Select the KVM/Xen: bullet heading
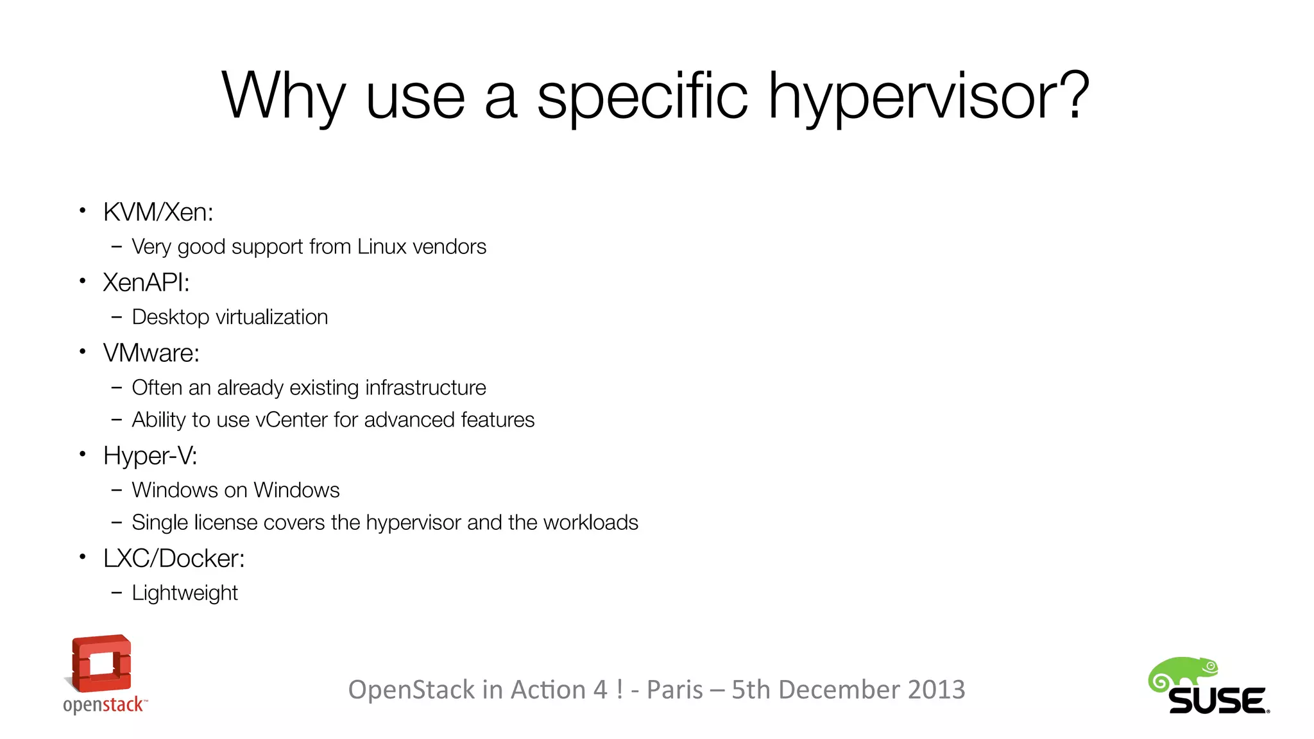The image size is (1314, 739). (x=158, y=212)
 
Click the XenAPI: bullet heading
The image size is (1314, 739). (x=146, y=283)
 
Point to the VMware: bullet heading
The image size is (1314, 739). (x=151, y=353)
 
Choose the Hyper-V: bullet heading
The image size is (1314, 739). (x=150, y=456)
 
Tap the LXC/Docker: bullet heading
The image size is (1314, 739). (x=174, y=559)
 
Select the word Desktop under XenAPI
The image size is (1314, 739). (x=170, y=318)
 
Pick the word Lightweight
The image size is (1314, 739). (x=185, y=593)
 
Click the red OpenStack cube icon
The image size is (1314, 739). (x=101, y=663)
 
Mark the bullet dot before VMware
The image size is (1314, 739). (x=82, y=352)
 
